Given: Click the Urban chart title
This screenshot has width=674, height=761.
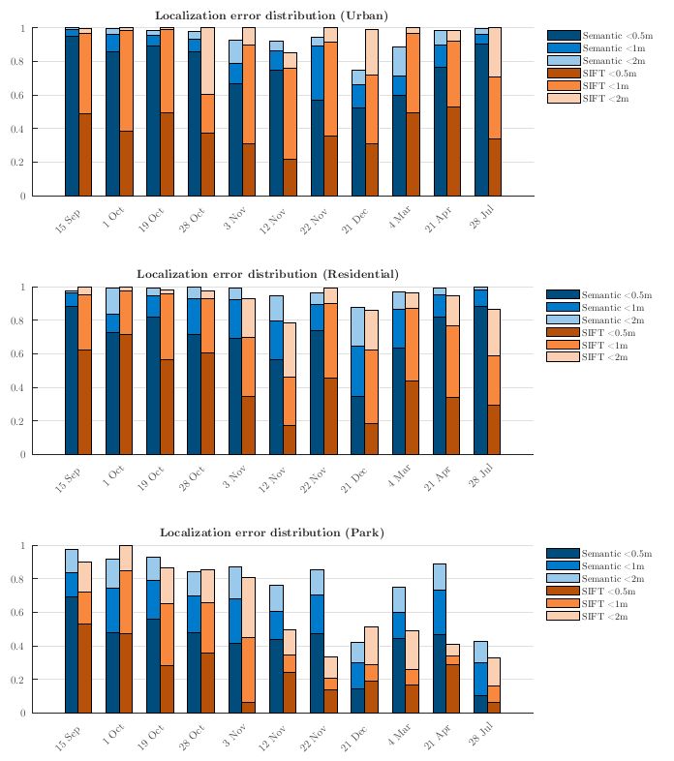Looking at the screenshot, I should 272,15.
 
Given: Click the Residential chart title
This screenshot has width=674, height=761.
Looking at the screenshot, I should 267,274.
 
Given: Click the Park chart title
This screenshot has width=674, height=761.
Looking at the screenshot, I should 272,533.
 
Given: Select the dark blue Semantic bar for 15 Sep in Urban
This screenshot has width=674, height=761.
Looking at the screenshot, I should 71,116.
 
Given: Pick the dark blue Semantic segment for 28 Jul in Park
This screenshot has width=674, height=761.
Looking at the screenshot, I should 481,704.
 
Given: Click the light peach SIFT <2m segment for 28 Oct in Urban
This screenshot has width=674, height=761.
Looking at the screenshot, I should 207,60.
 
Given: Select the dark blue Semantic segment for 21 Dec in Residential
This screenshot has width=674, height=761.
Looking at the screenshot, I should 358,425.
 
